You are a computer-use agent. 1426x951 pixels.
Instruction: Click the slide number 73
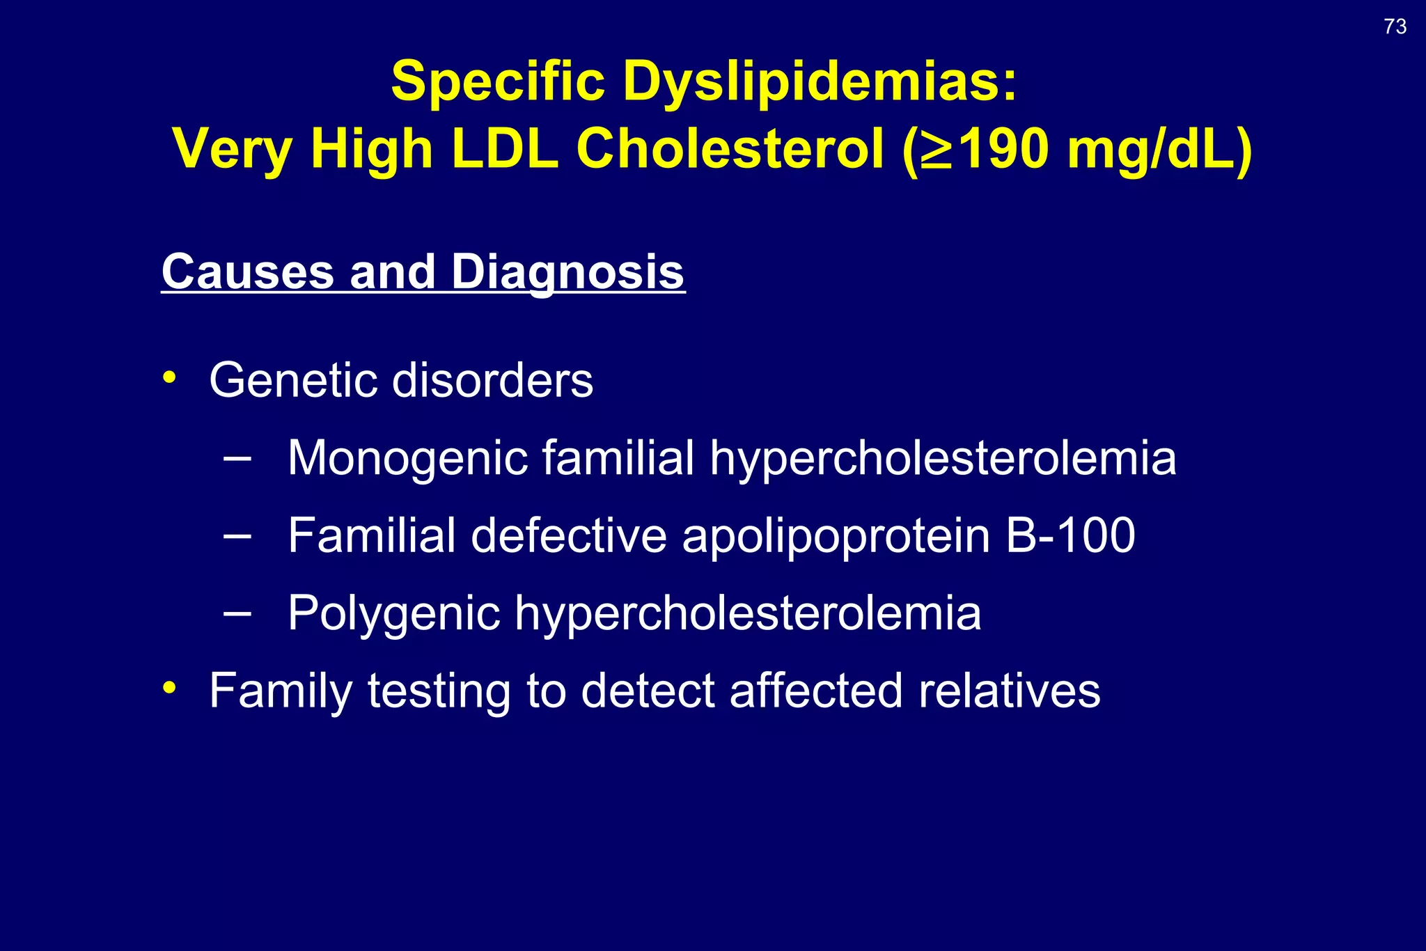(1395, 26)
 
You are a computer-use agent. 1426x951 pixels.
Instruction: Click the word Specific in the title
(498, 81)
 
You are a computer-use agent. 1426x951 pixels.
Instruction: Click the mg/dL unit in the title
(1159, 149)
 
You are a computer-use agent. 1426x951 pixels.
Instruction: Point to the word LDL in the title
(505, 149)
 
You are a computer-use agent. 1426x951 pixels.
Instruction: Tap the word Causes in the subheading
(248, 272)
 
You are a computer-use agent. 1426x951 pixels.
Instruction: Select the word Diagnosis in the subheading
(567, 272)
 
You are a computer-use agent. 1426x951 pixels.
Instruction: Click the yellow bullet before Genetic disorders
(169, 378)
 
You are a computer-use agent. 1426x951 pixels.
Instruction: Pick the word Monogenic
(407, 459)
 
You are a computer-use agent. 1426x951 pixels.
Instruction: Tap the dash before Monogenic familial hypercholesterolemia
(237, 458)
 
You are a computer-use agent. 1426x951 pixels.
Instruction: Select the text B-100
(1070, 535)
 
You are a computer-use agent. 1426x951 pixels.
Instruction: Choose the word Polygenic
(394, 614)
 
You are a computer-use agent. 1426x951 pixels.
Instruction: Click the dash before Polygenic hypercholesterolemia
(237, 613)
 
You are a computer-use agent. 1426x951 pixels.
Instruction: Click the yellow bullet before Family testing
(169, 688)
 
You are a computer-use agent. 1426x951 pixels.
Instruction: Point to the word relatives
(1009, 691)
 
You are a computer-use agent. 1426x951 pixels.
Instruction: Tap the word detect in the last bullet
(648, 691)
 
